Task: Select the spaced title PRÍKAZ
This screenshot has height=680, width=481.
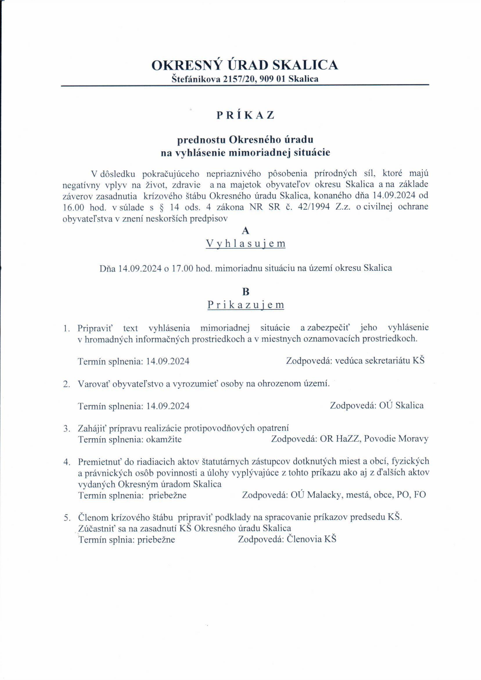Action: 245,115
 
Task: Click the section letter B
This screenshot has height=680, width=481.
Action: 246,292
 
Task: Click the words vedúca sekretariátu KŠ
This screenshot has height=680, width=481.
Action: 380,361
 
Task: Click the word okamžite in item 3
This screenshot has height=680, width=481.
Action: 164,439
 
